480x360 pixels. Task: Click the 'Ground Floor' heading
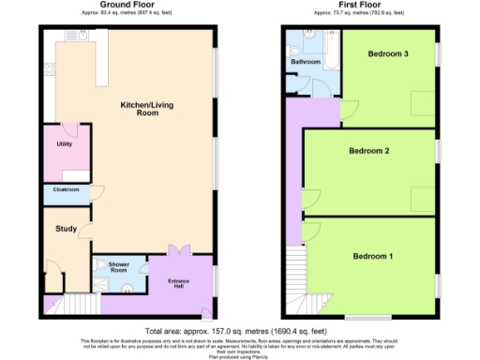pyautogui.click(x=127, y=5)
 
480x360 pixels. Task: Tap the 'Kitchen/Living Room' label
pyautogui.click(x=137, y=108)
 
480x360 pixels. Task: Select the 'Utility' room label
pyautogui.click(x=64, y=143)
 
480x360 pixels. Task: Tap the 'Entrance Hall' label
pyautogui.click(x=180, y=283)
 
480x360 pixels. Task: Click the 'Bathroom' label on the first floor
pyautogui.click(x=305, y=62)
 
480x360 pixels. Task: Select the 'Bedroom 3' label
pyautogui.click(x=387, y=54)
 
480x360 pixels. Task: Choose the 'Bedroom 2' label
pyautogui.click(x=368, y=151)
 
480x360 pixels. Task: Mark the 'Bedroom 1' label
pyautogui.click(x=372, y=256)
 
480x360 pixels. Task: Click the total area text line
pyautogui.click(x=240, y=330)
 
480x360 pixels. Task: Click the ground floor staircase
pyautogui.click(x=77, y=304)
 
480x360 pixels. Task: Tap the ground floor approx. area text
pyautogui.click(x=127, y=14)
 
